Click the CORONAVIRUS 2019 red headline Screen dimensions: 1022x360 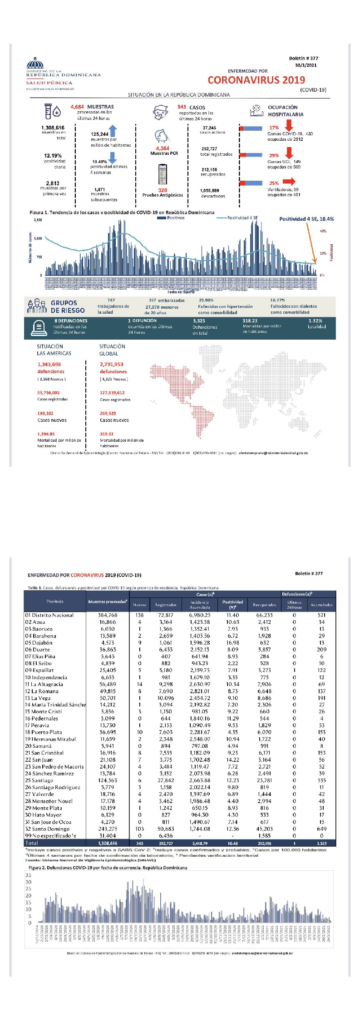pos(256,80)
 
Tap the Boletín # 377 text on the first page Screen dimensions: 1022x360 pos(303,58)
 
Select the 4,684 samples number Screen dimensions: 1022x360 pos(77,107)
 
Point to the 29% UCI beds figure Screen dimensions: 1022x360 pos(274,155)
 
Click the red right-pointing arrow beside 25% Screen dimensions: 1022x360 pos(289,182)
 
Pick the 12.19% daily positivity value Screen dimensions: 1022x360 pos(53,156)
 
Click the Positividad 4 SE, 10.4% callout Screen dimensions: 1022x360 pos(306,219)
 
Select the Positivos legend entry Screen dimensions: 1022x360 pos(171,218)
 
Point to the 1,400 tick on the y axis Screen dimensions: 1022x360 pos(38,238)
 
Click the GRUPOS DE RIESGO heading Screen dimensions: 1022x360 pos(68,306)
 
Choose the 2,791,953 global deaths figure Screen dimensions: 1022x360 pos(112,364)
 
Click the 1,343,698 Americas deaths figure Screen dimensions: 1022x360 pos(49,364)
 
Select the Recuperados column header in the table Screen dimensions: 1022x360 pos(264,605)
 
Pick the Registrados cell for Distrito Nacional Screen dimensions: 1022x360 pos(166,615)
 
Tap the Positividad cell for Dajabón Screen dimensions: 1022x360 pos(232,642)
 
